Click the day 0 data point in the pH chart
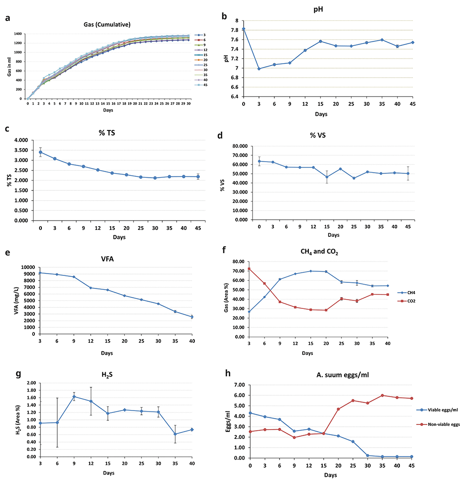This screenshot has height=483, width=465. [x=244, y=29]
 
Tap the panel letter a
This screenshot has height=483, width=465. [x=7, y=19]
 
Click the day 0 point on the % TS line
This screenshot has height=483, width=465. [x=40, y=152]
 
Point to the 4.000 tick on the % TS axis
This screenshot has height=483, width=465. [x=24, y=140]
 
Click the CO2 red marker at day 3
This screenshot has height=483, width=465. [x=249, y=269]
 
